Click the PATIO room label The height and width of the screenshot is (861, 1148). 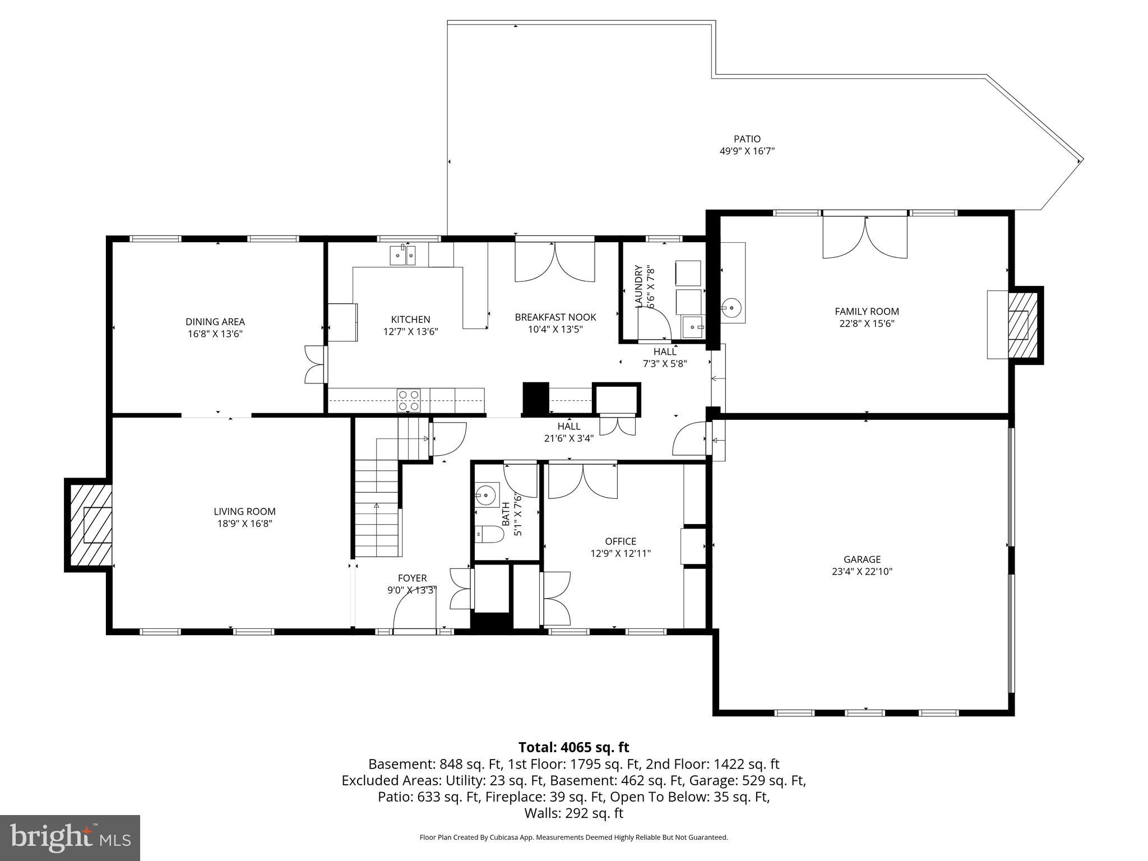(x=747, y=139)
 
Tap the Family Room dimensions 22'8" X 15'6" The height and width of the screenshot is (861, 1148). (x=867, y=323)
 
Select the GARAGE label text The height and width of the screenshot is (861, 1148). (x=862, y=559)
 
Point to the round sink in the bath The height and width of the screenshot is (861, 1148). (x=485, y=494)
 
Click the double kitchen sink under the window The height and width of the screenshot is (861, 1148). (x=403, y=256)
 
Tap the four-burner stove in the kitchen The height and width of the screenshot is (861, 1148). (x=409, y=400)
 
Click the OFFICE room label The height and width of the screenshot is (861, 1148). (x=621, y=541)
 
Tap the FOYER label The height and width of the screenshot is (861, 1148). (x=412, y=578)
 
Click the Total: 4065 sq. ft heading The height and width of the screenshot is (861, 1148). (x=573, y=747)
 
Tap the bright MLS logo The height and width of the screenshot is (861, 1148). (x=70, y=837)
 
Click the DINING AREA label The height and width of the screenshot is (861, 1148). (x=215, y=322)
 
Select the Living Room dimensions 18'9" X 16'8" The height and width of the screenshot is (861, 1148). (x=244, y=524)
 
